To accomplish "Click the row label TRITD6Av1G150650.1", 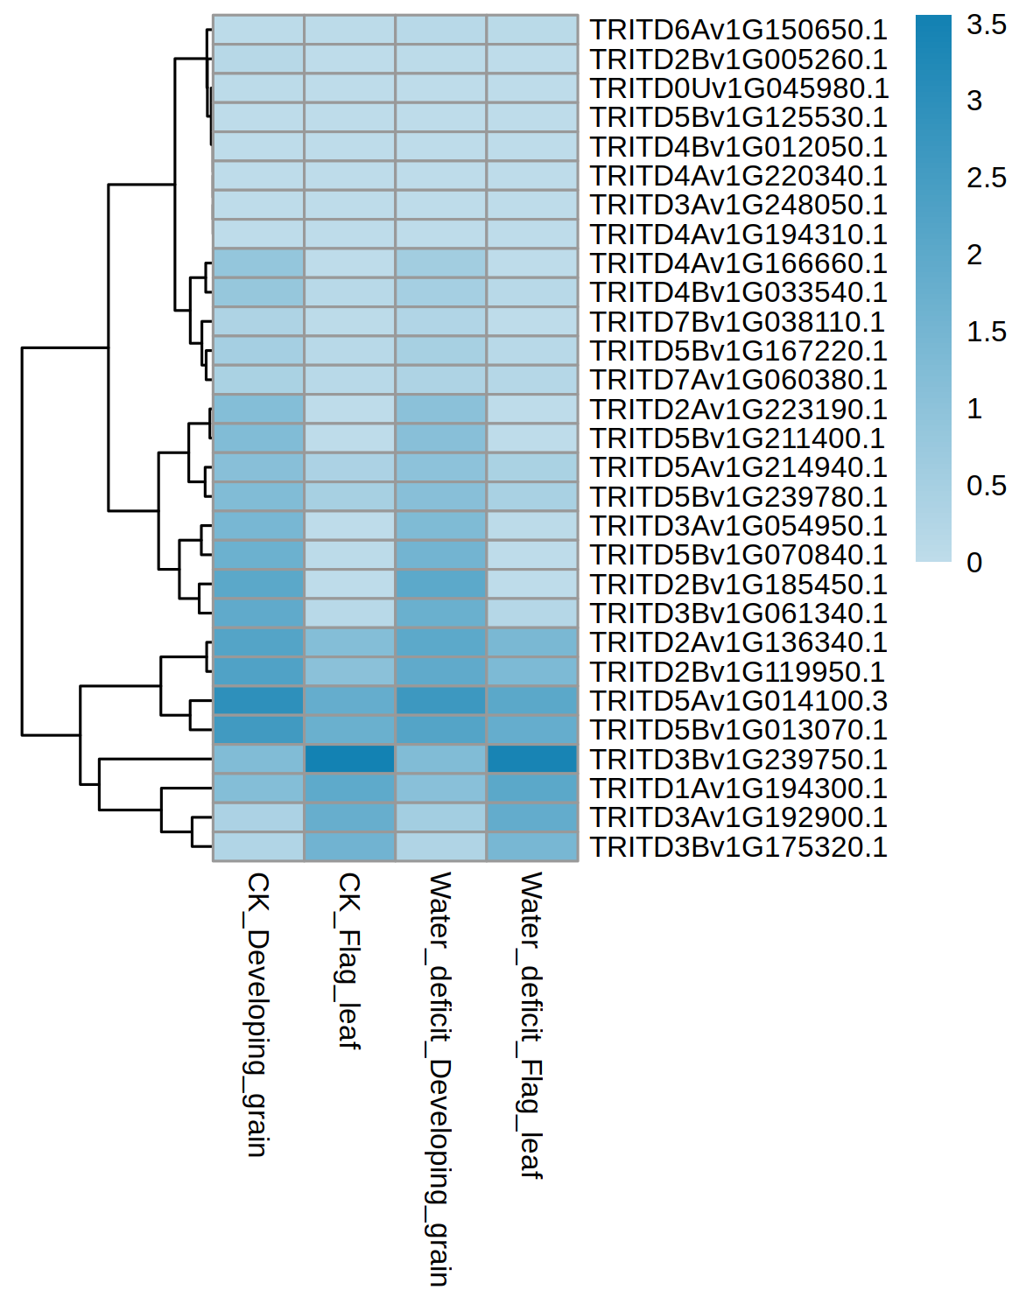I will coord(738,30).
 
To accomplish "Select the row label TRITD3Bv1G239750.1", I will coord(738,760).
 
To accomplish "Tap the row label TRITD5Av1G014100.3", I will coord(738,701).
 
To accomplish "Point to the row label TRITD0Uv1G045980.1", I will coord(738,88).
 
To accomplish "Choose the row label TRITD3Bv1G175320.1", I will coord(738,847).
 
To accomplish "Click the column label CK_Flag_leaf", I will coord(349,960).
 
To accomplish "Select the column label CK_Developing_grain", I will coord(257,1014).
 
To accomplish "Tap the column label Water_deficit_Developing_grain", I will coord(439,1078).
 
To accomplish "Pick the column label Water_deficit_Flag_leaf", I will coord(531,1025).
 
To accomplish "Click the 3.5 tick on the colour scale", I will coord(986,25).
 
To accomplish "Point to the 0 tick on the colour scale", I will coord(974,563).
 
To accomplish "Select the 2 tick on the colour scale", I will coord(974,256).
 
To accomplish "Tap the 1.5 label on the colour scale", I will coord(986,333).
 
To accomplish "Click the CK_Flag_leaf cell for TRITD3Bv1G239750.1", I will coord(349,760).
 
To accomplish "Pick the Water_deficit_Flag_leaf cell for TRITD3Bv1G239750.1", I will coord(532,760).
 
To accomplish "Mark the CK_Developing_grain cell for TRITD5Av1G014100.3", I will coord(258,701).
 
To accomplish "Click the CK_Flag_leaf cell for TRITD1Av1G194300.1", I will coord(349,789).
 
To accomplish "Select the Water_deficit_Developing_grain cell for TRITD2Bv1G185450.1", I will coord(440,585).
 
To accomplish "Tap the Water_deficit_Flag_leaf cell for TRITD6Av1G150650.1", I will coord(532,30).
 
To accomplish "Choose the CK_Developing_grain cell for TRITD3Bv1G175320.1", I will coord(258,847).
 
